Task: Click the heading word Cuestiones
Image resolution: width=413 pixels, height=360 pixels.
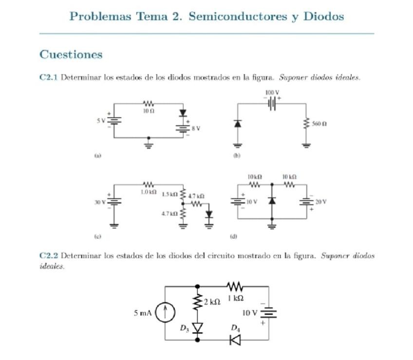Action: (x=71, y=54)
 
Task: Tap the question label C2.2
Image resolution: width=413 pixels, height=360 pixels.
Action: (x=48, y=255)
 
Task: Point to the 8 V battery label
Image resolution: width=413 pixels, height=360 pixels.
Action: (x=196, y=128)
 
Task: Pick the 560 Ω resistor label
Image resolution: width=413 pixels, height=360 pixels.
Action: (x=319, y=125)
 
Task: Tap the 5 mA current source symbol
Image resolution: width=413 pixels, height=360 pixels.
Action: (x=166, y=313)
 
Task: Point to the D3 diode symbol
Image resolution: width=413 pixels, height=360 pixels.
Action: (x=197, y=327)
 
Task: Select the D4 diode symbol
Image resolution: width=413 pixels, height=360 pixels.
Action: (x=236, y=340)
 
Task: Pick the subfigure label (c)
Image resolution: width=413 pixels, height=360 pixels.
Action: (x=97, y=236)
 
